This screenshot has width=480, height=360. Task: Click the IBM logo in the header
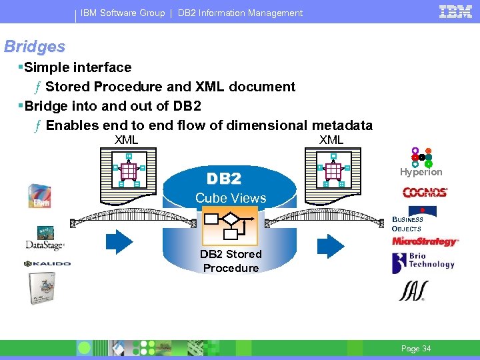tap(456, 11)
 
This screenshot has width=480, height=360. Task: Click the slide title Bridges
tap(35, 47)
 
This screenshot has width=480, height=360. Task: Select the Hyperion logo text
tap(421, 172)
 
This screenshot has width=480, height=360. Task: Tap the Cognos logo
tap(425, 193)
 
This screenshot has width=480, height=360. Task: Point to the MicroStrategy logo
tap(425, 241)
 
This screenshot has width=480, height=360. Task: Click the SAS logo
tap(413, 291)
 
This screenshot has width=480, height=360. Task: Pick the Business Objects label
tap(407, 224)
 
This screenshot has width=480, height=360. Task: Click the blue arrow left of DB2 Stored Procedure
tap(120, 243)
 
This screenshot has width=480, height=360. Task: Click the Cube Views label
tap(231, 198)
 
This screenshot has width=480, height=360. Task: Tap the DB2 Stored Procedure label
tap(231, 261)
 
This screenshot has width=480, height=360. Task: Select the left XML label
tap(126, 140)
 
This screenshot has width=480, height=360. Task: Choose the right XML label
tap(331, 140)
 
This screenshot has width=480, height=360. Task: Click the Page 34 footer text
tap(416, 349)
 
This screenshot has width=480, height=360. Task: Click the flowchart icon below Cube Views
tap(229, 227)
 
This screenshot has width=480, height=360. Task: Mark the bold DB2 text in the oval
tap(224, 179)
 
